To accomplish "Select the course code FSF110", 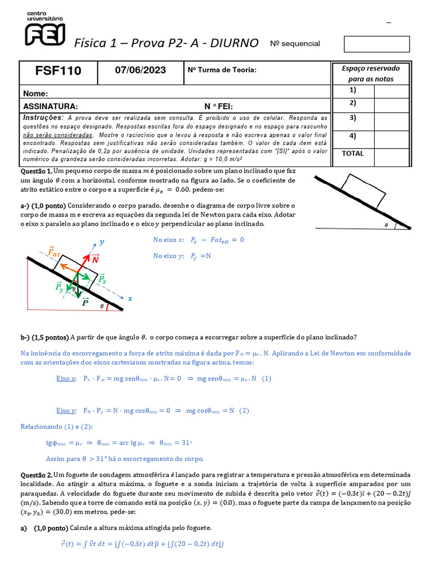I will [58, 71].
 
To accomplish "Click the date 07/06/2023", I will [141, 70].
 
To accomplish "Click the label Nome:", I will [34, 94].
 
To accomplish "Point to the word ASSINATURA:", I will [50, 106].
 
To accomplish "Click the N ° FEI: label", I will [218, 106].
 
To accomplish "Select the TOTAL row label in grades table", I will [352, 154].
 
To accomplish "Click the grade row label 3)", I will [353, 118].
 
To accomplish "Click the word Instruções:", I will [43, 118].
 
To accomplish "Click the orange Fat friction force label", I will [55, 251].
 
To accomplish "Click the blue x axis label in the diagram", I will [130, 299].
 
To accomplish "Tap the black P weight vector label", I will [85, 302].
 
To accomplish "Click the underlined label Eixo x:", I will [66, 379].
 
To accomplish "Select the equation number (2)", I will [244, 411].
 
